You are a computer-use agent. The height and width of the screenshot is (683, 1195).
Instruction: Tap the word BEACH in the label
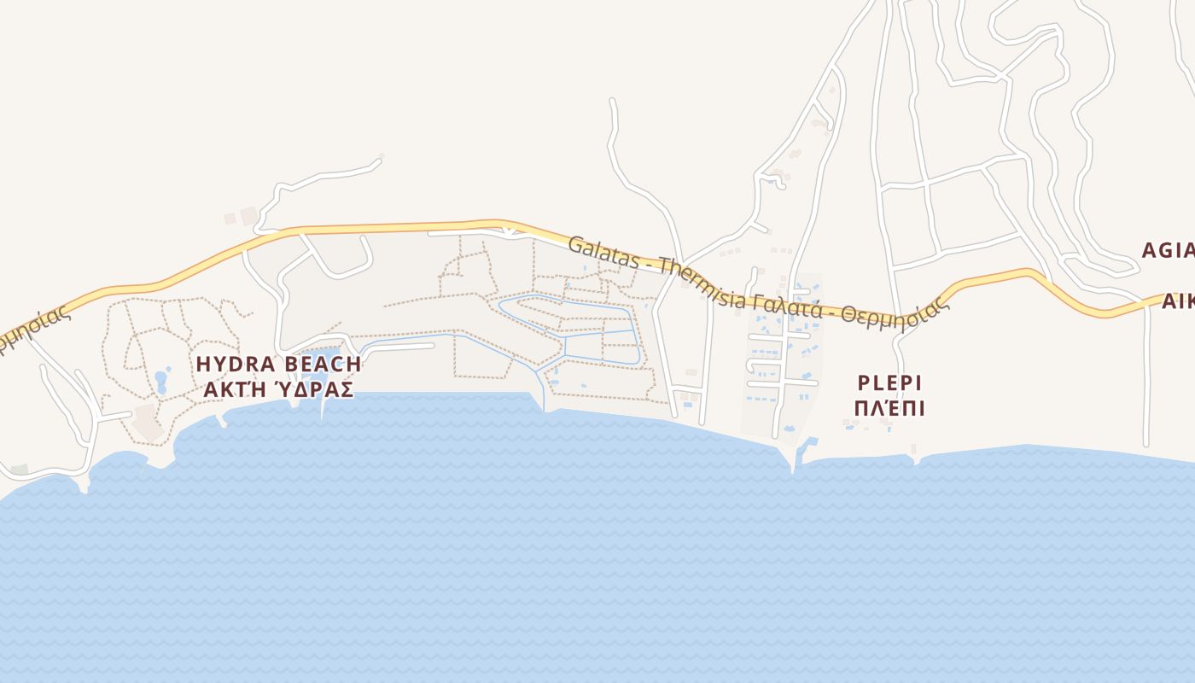(x=323, y=365)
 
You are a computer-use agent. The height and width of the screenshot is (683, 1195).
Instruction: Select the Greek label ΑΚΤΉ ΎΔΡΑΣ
(x=278, y=389)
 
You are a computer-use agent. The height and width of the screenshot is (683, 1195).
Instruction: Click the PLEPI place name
(x=889, y=382)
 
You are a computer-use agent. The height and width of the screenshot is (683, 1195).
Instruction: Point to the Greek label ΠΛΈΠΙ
(x=889, y=408)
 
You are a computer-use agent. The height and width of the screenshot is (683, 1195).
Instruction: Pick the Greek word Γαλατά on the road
(x=793, y=305)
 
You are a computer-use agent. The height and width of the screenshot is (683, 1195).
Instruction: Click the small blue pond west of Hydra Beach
(x=161, y=380)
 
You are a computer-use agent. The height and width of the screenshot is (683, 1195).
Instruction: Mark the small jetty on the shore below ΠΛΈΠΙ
(x=915, y=457)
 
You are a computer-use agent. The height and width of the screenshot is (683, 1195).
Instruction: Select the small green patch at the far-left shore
(x=19, y=470)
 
